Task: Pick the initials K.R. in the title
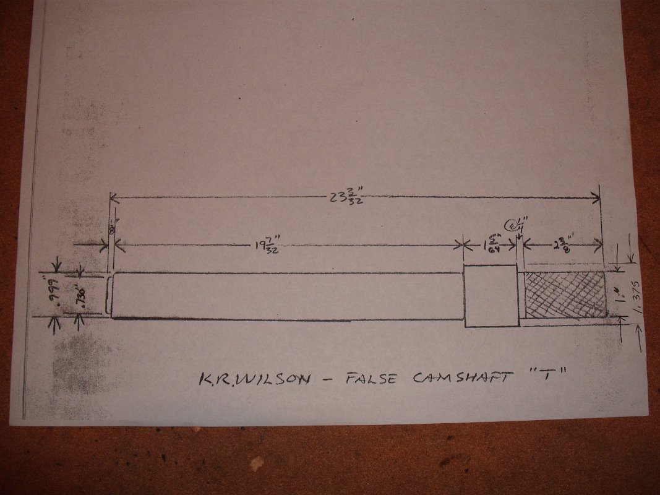214,379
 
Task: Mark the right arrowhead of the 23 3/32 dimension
597,198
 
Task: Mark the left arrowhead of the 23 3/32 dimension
113,197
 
